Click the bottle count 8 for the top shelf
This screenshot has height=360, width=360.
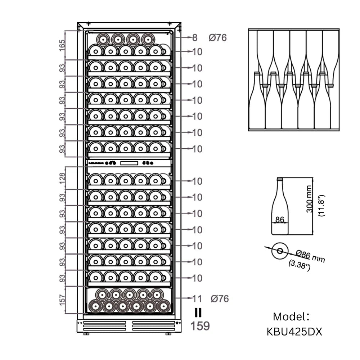[195, 37]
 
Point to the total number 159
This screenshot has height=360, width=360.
[200, 326]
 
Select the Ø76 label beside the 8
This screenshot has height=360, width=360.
[218, 37]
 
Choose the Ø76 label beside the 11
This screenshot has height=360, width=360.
[220, 298]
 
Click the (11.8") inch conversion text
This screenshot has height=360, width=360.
[321, 205]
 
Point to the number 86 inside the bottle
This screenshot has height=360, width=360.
[280, 219]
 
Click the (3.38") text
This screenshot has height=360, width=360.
[300, 266]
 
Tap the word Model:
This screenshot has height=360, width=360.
[291, 317]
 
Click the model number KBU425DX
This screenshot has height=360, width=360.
[294, 332]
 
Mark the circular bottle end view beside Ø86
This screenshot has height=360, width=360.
[280, 251]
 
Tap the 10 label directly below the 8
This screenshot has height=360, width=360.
[197, 52]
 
